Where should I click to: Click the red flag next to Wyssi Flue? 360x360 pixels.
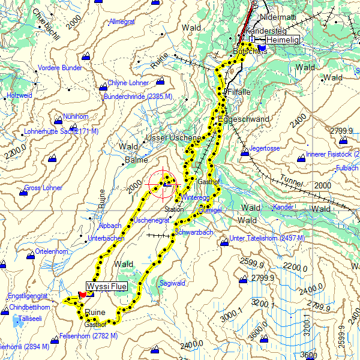coord(82,295)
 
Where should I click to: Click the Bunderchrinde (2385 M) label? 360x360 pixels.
coord(138,96)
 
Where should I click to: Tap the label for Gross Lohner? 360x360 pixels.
coord(43,188)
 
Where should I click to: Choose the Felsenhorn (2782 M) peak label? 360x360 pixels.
coord(88,335)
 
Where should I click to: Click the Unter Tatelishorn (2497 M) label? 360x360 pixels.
coord(267,238)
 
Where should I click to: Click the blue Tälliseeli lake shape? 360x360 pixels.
coord(16,322)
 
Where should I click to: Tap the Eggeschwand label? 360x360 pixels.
coord(244,119)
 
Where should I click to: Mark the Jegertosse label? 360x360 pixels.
coord(265,148)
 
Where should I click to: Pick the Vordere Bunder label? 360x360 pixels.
coord(59,68)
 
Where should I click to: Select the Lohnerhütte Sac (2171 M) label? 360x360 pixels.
coord(61,131)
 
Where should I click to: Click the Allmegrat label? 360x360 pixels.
coord(122,22)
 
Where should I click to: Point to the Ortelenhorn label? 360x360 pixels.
coord(52,251)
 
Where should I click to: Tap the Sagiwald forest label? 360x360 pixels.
coord(172,282)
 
